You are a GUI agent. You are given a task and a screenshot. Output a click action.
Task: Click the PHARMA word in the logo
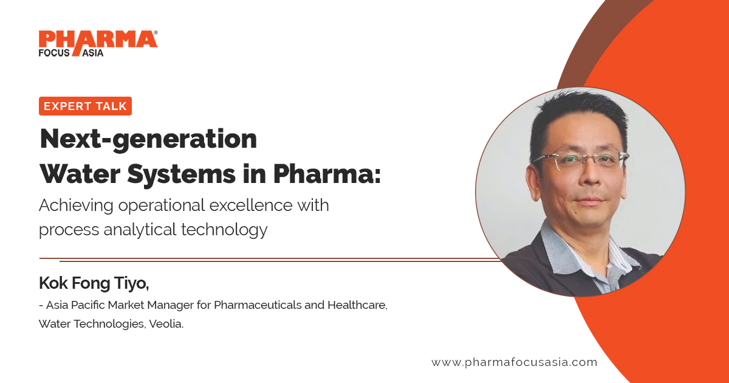click(97, 39)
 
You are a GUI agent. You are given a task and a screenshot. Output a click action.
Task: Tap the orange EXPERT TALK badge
click(85, 106)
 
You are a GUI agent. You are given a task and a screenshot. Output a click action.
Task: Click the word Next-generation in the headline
click(148, 140)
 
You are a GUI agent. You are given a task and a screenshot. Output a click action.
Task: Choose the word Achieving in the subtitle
click(76, 205)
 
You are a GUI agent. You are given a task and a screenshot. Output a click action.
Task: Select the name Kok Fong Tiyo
click(94, 283)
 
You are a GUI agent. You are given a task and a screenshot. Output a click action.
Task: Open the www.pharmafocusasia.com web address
click(514, 362)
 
